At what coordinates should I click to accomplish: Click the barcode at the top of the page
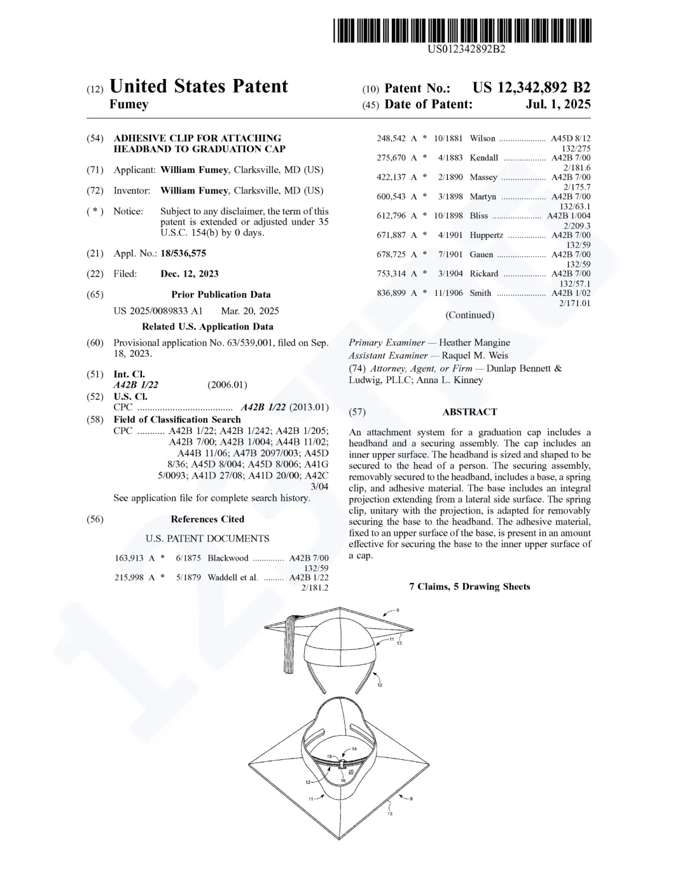point(462,31)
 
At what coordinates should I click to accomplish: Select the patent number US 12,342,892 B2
point(531,88)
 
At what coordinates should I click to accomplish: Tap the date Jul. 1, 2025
point(558,104)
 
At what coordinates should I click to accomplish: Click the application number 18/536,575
point(183,253)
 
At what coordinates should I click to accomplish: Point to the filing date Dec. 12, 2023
point(190,274)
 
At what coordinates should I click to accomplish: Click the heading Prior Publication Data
point(221,295)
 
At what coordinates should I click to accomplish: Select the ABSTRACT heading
point(469,412)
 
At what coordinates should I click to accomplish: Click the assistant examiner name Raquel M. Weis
point(475,356)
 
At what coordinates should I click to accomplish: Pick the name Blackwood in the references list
point(228,558)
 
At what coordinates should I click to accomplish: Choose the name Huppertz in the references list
point(486,235)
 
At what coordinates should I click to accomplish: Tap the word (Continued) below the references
point(469,315)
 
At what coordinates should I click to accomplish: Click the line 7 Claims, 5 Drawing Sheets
point(469,587)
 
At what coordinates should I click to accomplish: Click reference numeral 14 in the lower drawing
point(354,749)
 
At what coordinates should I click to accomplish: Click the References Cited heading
point(207,519)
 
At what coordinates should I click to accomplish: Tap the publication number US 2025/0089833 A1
point(158,311)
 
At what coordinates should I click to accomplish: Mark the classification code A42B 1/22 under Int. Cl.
point(136,385)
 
